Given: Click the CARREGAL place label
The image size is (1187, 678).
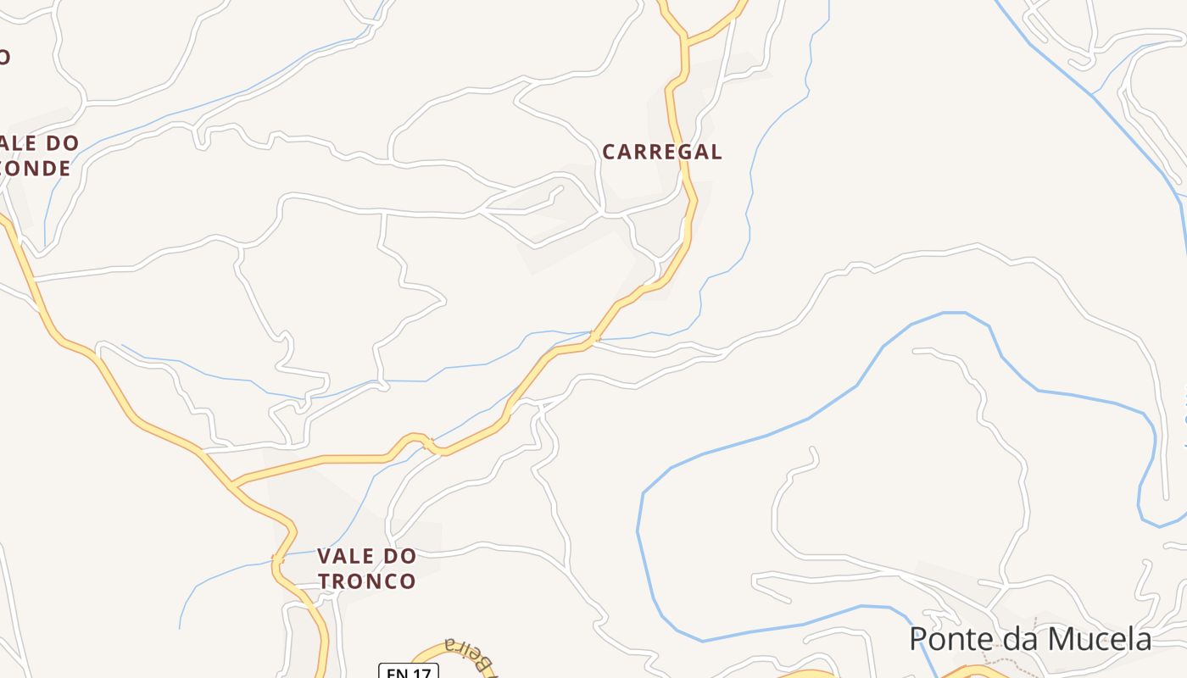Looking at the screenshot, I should click(x=662, y=153).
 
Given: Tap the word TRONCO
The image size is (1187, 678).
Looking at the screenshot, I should click(x=367, y=581).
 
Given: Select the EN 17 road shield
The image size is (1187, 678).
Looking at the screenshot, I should click(x=408, y=671).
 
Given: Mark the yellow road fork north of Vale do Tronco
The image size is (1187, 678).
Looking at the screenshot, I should click(x=233, y=484).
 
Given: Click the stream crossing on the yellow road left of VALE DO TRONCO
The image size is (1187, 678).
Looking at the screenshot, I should click(x=277, y=559).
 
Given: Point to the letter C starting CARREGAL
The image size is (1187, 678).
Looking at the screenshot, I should click(x=610, y=153).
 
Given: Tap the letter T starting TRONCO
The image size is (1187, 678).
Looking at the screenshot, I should click(x=325, y=581).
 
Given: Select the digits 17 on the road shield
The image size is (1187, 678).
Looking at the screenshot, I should click(x=421, y=672).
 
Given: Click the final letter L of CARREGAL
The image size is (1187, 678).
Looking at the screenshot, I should click(x=716, y=153).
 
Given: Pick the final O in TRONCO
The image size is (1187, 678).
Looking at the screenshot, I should click(x=408, y=581).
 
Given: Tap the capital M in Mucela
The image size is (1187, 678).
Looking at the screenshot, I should click(x=1056, y=639).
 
